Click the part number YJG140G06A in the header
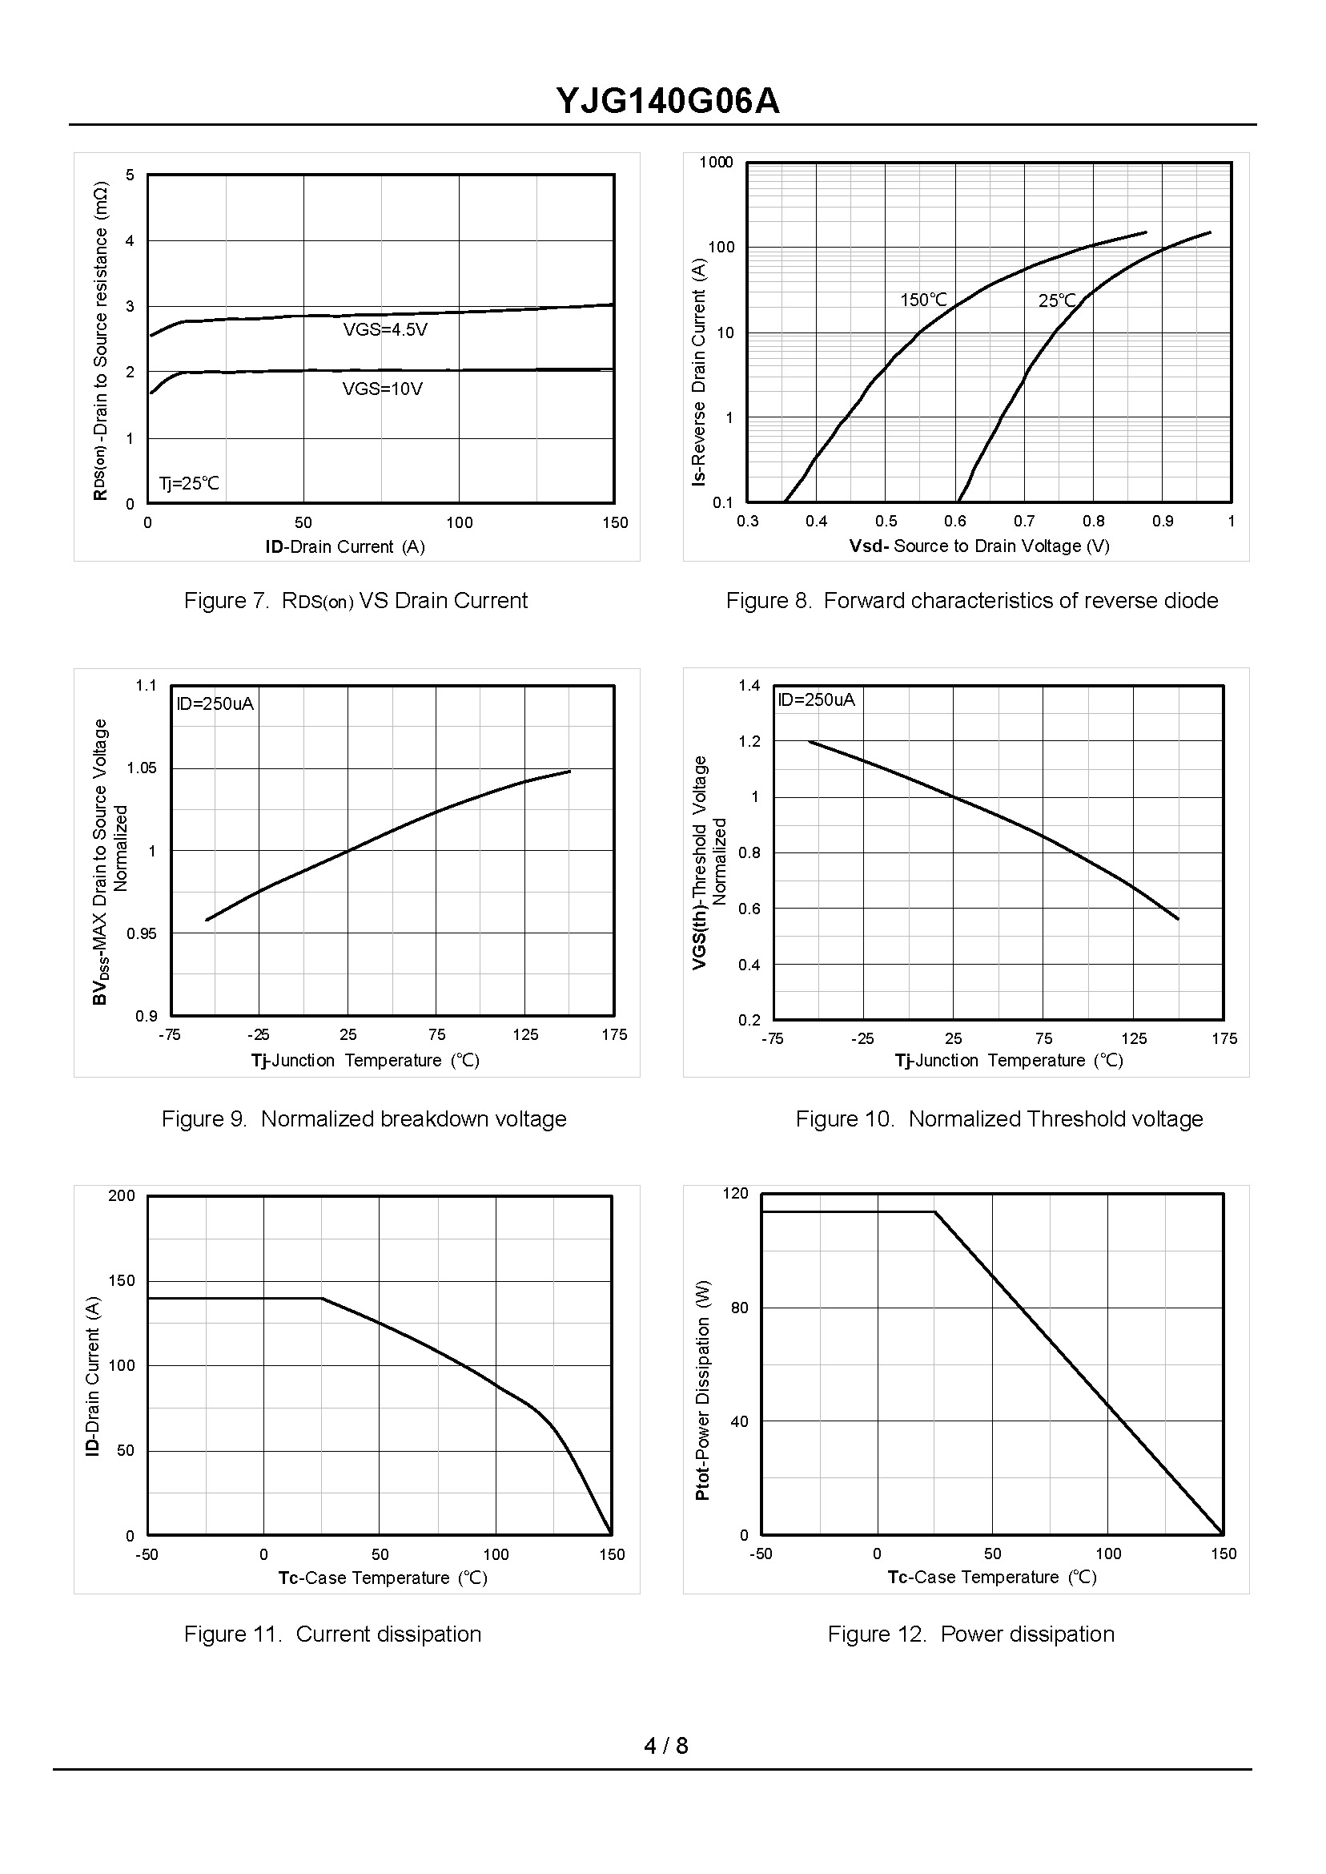[667, 101]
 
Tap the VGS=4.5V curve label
[384, 330]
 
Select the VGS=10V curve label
[382, 389]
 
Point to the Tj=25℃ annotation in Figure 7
[189, 484]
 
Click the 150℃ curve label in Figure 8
[923, 300]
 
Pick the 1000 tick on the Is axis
[716, 162]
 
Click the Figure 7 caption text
[356, 601]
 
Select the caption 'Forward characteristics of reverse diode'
[971, 601]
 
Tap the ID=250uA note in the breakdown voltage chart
[215, 703]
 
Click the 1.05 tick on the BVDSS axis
[142, 768]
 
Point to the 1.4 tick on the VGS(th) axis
[749, 685]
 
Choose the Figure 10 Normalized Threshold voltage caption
[999, 1119]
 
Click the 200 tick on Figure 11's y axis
[122, 1196]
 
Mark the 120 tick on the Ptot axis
[735, 1194]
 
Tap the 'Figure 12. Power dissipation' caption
[970, 1634]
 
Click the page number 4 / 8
[665, 1746]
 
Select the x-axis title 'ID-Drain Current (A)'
[344, 546]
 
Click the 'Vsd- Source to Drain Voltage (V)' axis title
[979, 546]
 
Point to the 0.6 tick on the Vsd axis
[954, 522]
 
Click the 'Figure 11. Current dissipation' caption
[332, 1634]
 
